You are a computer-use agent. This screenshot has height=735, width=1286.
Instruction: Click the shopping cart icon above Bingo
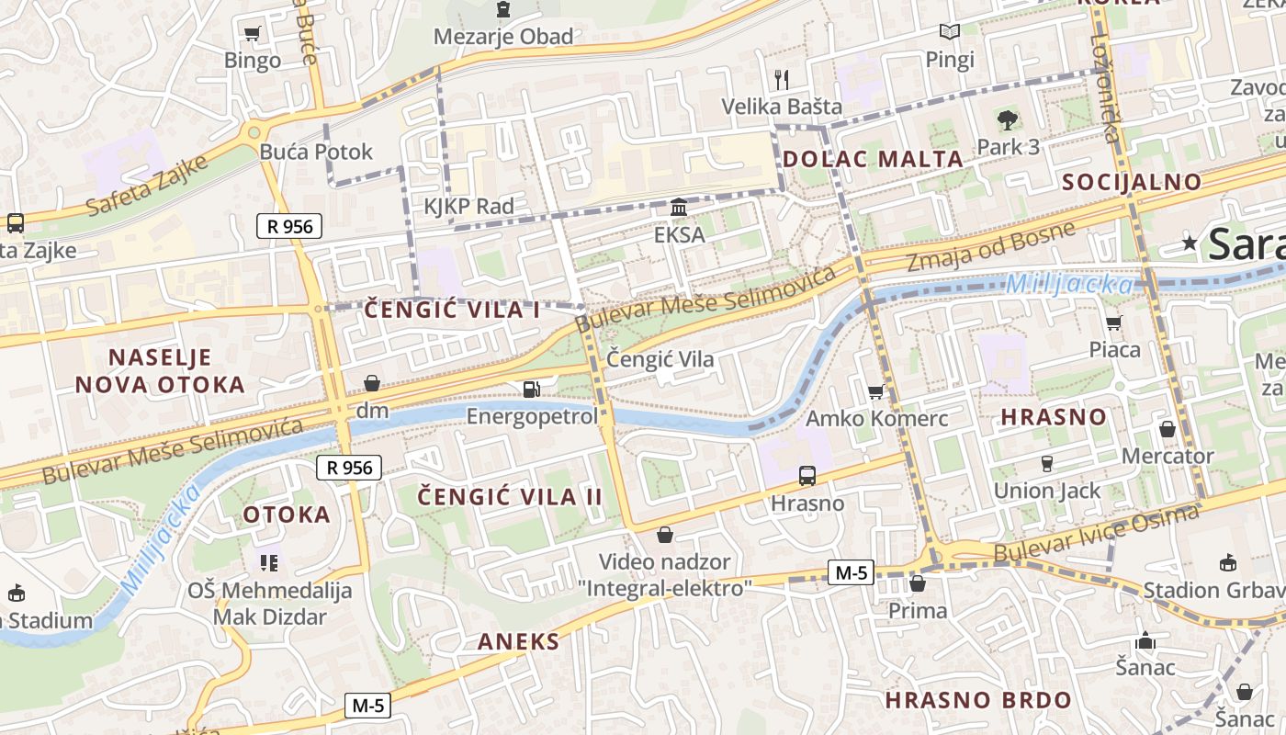click(x=252, y=34)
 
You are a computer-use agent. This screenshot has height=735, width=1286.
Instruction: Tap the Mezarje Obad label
click(x=503, y=37)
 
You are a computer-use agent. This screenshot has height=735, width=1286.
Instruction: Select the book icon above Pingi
click(x=950, y=32)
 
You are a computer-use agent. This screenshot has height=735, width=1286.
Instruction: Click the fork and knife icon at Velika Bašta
click(x=782, y=79)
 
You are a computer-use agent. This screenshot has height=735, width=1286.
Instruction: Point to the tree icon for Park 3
click(x=1008, y=119)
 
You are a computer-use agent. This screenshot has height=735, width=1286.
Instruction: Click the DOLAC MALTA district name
click(x=873, y=159)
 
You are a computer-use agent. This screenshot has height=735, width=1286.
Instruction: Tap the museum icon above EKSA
click(x=679, y=208)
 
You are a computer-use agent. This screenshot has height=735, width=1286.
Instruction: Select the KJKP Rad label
click(x=468, y=206)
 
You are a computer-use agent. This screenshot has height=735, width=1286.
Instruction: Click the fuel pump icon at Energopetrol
click(x=531, y=389)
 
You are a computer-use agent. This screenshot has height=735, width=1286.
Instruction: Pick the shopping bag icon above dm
click(x=372, y=382)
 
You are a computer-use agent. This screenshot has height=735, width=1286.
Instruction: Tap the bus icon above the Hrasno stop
click(x=807, y=475)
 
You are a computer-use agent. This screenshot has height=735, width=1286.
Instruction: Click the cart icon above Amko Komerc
click(x=875, y=391)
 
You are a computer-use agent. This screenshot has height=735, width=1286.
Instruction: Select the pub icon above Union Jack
click(x=1046, y=463)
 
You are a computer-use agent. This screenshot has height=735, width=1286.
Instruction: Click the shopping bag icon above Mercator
click(x=1168, y=429)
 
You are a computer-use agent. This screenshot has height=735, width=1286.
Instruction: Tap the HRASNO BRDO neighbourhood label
click(x=978, y=700)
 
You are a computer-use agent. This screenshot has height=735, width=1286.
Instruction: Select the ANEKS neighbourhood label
click(x=518, y=641)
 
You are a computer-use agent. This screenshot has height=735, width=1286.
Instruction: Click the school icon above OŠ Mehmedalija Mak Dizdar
click(x=269, y=562)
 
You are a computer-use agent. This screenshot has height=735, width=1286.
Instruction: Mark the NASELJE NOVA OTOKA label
click(x=160, y=370)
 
